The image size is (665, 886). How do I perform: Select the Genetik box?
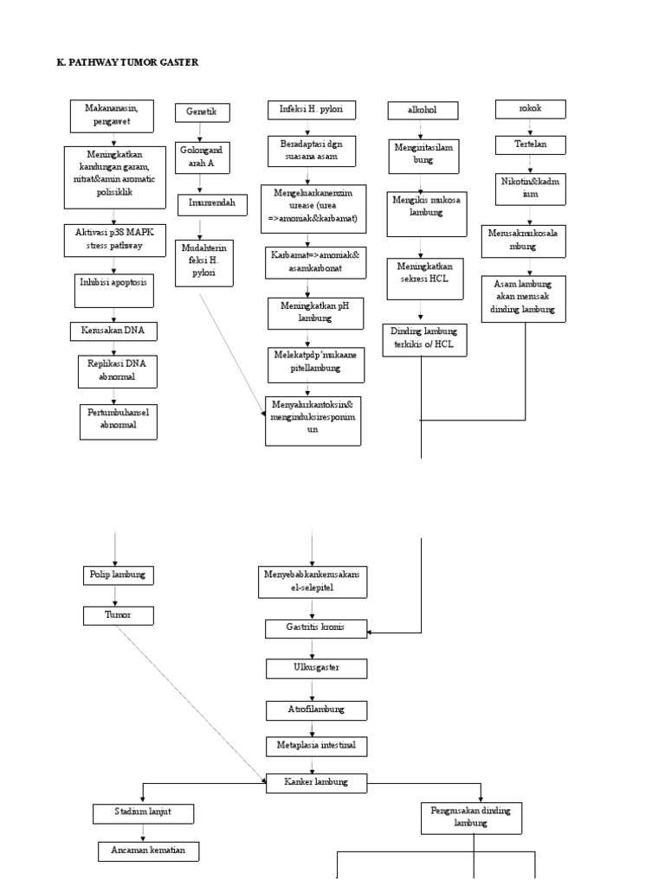pos(201,112)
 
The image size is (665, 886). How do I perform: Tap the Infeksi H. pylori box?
pos(312,109)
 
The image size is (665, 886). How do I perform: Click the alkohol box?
pos(423,111)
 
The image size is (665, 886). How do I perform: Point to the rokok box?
pos(530,109)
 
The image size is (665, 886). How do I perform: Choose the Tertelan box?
pos(530,144)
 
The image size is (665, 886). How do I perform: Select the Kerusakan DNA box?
pos(114,331)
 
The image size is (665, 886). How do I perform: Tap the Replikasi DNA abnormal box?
pos(117,369)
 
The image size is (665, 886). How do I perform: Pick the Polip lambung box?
pos(118,574)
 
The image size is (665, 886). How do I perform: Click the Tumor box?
pos(118,615)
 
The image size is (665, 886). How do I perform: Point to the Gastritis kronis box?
pos(316,628)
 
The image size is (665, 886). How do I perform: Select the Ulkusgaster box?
pos(316,669)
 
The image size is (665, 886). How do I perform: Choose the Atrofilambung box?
pos(316,709)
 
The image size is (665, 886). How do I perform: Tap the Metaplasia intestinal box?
pos(316,745)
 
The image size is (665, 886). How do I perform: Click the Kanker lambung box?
pos(316,782)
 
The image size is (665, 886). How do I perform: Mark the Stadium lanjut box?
pos(143,814)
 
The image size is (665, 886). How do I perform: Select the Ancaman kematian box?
pos(148,851)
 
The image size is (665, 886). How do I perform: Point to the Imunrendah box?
pos(212,205)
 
